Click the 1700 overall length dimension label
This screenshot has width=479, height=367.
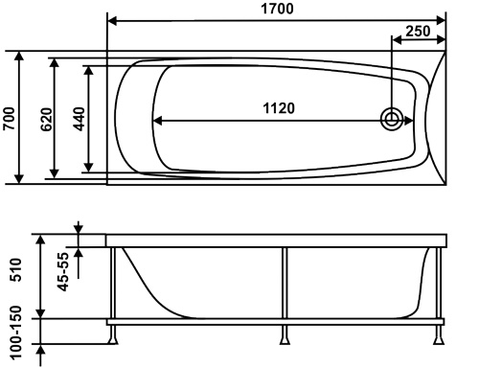[x=277, y=9]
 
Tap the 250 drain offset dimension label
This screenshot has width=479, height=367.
[x=418, y=31]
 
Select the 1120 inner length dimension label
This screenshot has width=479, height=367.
[x=279, y=108]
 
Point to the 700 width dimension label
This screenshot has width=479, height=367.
[x=9, y=119]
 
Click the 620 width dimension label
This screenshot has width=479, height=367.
[x=47, y=120]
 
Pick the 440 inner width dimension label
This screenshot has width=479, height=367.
[x=80, y=119]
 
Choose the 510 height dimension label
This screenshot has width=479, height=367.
[x=15, y=270]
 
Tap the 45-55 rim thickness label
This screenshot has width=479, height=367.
[x=62, y=272]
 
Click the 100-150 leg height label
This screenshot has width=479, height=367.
[x=15, y=333]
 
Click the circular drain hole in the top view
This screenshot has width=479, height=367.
[x=392, y=120]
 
